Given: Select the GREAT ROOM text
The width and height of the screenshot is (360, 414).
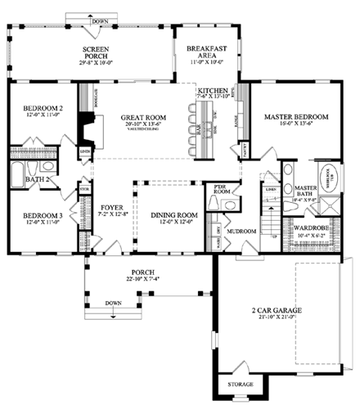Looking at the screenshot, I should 143,118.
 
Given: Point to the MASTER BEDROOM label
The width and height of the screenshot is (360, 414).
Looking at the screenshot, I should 295,118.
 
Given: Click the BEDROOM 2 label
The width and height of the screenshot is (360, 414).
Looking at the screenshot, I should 43,109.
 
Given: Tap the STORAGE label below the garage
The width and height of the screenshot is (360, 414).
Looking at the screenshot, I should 240,384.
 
